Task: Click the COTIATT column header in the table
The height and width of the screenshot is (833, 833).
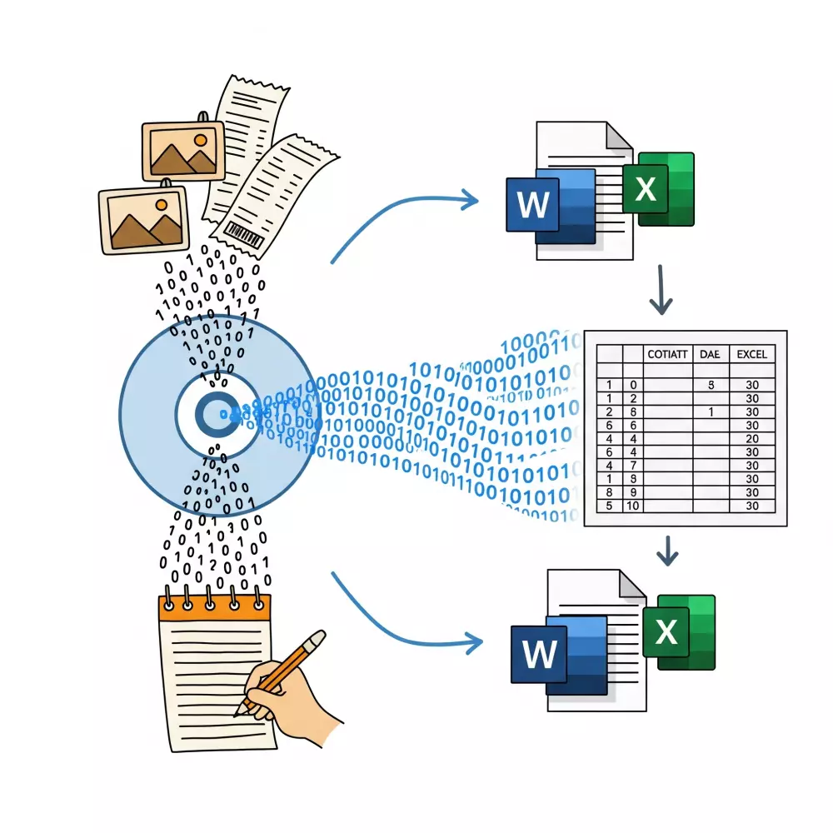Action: coord(667,354)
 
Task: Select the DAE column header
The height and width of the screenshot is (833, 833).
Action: coord(709,354)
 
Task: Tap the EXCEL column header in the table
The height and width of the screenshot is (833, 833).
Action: coord(752,354)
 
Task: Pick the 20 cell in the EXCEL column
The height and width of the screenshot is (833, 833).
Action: coord(752,439)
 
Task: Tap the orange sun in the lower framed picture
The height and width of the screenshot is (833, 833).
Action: coord(158,203)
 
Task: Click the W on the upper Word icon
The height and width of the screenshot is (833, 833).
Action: coord(533,202)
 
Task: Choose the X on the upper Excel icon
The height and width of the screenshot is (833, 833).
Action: coord(646,189)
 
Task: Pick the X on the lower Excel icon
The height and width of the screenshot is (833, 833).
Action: coord(666,632)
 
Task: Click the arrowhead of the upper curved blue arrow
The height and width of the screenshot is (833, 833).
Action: coord(471,200)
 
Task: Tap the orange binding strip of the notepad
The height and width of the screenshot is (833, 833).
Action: coord(216,607)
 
